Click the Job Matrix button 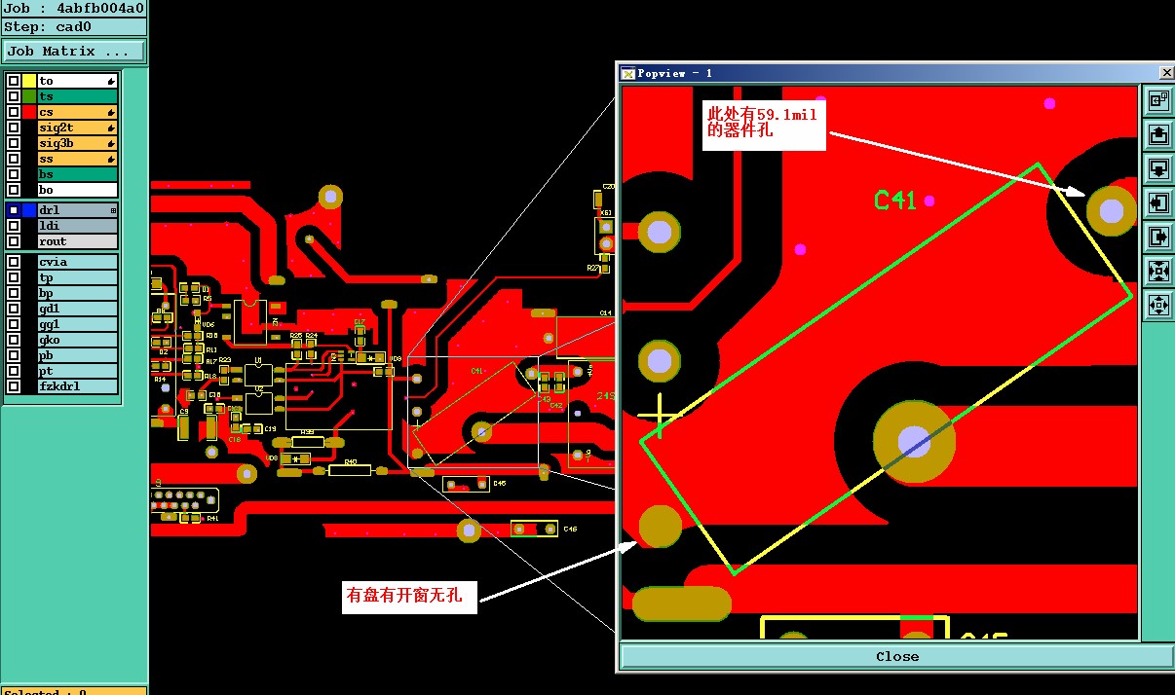click(74, 52)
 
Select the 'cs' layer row click(77, 112)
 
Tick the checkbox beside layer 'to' click(14, 82)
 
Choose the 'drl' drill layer click(77, 210)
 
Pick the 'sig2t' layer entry click(77, 128)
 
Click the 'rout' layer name click(77, 241)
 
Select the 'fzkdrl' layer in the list click(77, 386)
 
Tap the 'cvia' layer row click(77, 262)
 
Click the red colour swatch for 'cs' click(29, 112)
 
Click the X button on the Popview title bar click(1166, 73)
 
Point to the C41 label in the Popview click(894, 201)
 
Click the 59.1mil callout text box click(763, 124)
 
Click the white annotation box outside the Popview click(409, 596)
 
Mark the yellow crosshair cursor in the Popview click(661, 416)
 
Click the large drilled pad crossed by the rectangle click(914, 442)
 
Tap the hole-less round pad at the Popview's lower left click(660, 526)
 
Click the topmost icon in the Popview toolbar click(1158, 100)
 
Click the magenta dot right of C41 click(929, 201)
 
